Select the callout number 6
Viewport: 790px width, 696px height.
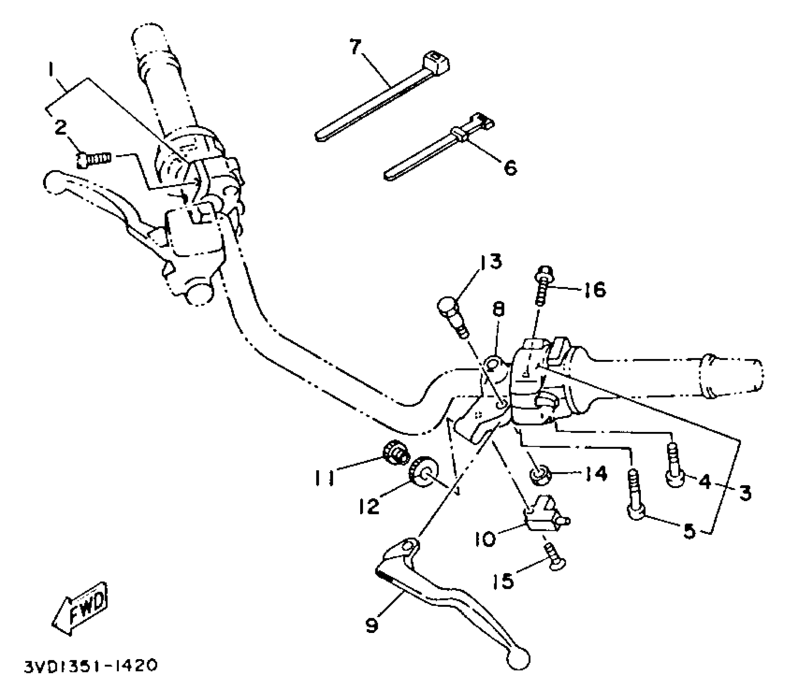coord(510,167)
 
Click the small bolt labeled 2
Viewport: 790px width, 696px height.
coord(93,158)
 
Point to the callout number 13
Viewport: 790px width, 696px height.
coord(491,262)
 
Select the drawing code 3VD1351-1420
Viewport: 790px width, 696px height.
coord(90,667)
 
